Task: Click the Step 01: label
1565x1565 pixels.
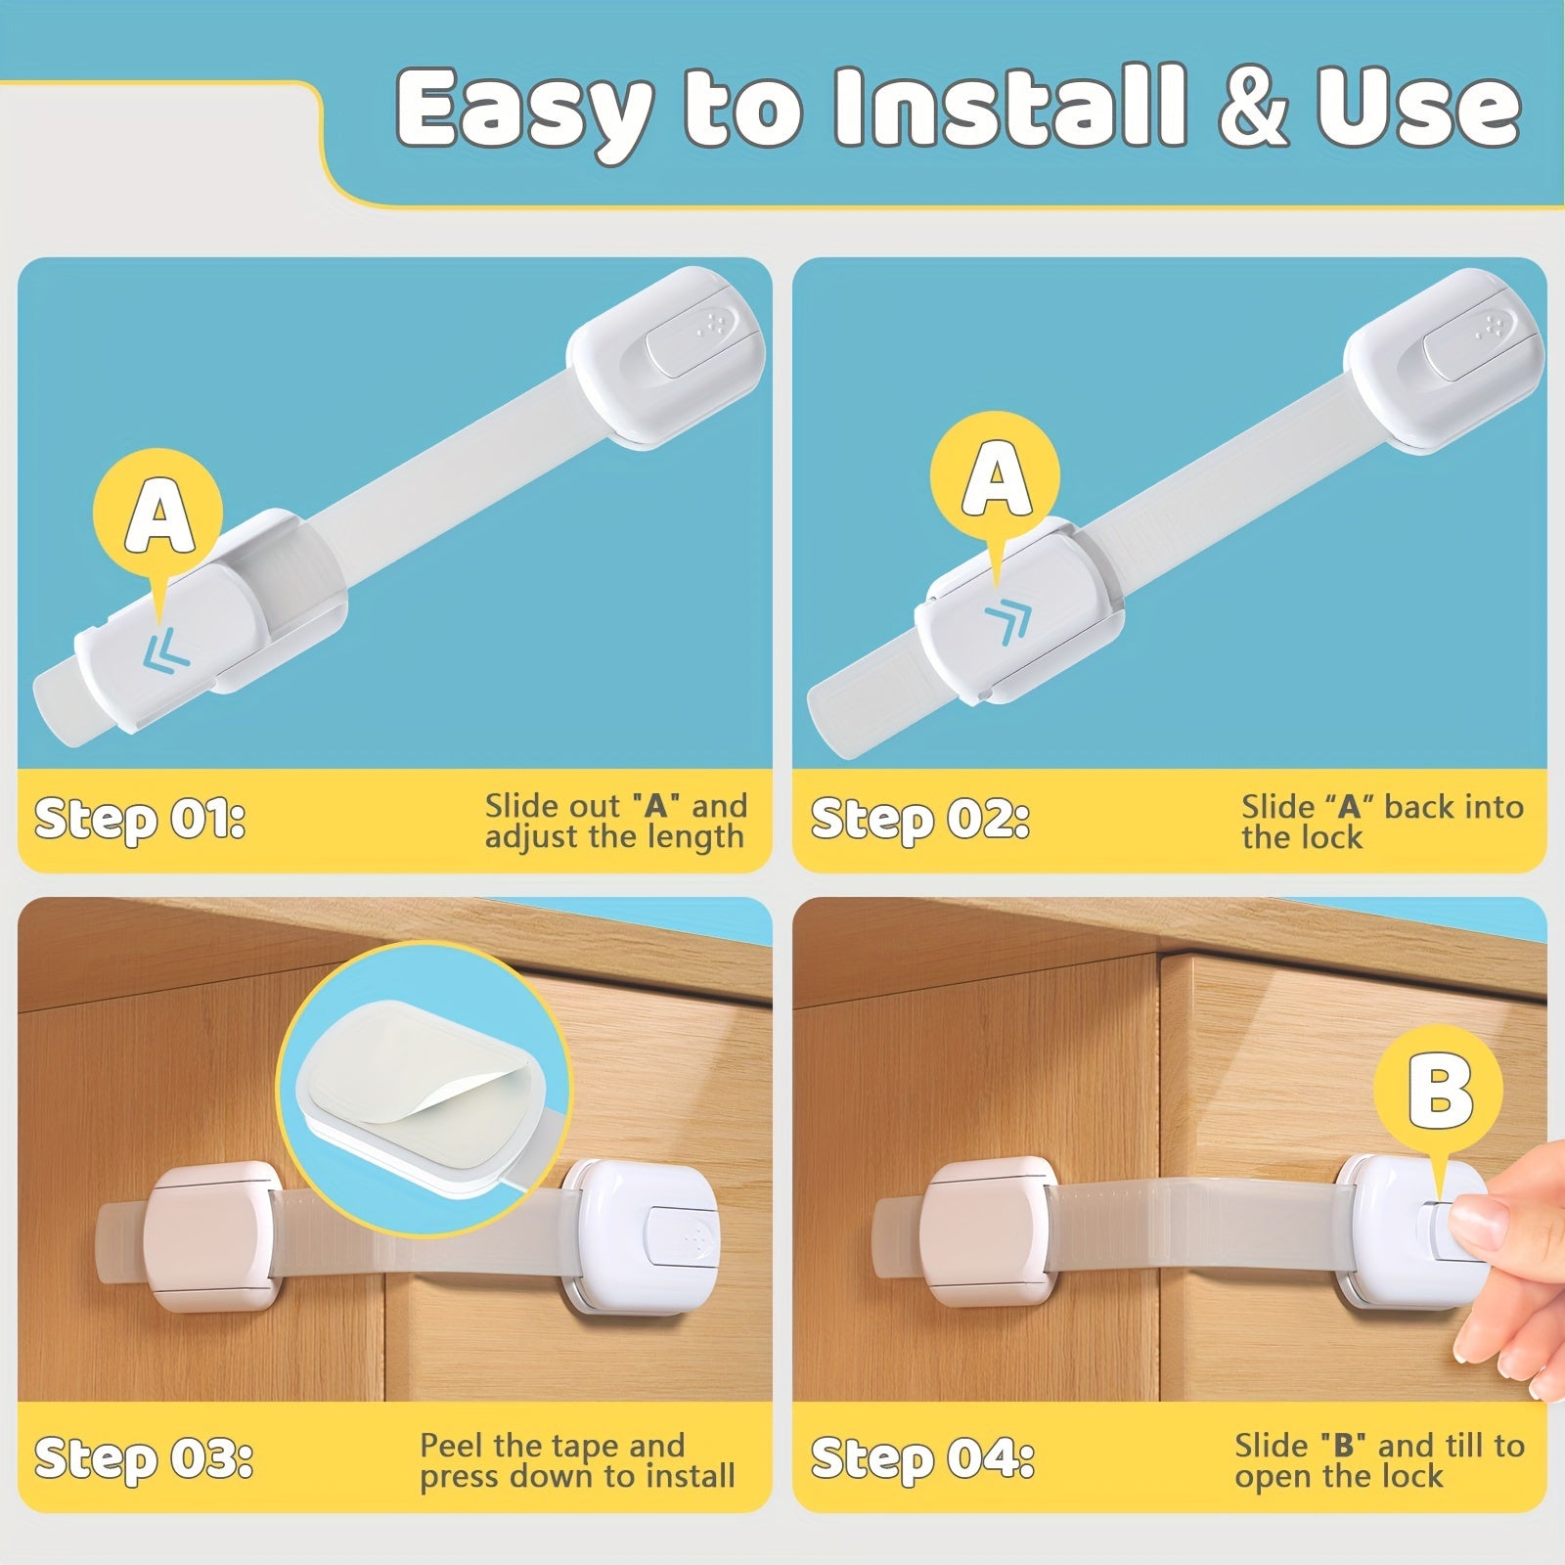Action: (139, 820)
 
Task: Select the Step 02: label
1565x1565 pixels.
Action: (919, 820)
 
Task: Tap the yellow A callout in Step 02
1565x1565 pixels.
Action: (995, 477)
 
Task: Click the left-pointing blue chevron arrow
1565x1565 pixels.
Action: (165, 650)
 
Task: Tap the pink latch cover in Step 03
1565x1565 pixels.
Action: (208, 1235)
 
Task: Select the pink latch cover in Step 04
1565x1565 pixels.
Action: (989, 1230)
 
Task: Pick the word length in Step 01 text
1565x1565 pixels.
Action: (695, 837)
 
